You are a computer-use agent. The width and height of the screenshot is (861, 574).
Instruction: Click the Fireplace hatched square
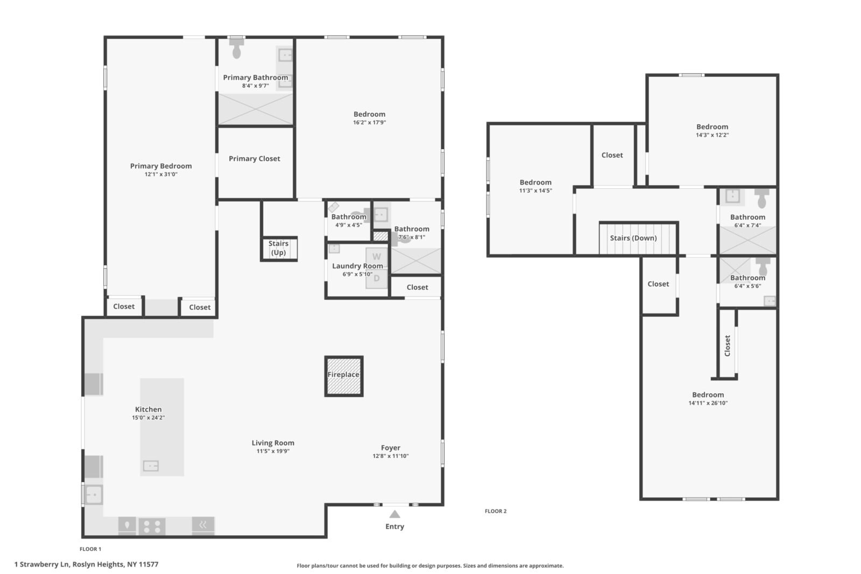344,376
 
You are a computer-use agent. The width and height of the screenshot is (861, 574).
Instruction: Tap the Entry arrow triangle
395,514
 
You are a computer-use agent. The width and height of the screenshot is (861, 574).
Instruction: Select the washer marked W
377,257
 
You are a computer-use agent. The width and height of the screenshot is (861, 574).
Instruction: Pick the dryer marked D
377,278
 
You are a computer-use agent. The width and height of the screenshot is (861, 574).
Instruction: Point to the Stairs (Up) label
278,248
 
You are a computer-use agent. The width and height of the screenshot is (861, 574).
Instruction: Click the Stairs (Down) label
633,238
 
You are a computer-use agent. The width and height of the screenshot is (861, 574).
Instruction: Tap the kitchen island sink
151,466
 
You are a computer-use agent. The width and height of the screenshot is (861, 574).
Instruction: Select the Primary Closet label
255,159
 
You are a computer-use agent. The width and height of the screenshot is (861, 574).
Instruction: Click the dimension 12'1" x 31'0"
161,174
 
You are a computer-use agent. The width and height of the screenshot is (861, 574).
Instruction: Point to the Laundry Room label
357,266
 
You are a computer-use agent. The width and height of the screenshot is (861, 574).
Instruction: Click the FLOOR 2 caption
496,511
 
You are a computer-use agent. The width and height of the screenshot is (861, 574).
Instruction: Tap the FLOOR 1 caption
90,549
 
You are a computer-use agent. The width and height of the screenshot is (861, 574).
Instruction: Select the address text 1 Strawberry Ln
42,564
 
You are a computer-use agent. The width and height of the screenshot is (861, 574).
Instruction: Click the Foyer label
391,448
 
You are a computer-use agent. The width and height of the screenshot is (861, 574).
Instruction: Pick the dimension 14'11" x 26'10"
708,403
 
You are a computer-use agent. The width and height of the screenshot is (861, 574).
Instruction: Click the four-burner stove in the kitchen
152,526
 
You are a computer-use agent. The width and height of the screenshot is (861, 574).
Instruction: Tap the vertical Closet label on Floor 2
727,346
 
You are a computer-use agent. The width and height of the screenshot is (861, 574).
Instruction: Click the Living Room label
273,443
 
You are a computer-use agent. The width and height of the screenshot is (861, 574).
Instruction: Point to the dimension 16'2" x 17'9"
369,123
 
